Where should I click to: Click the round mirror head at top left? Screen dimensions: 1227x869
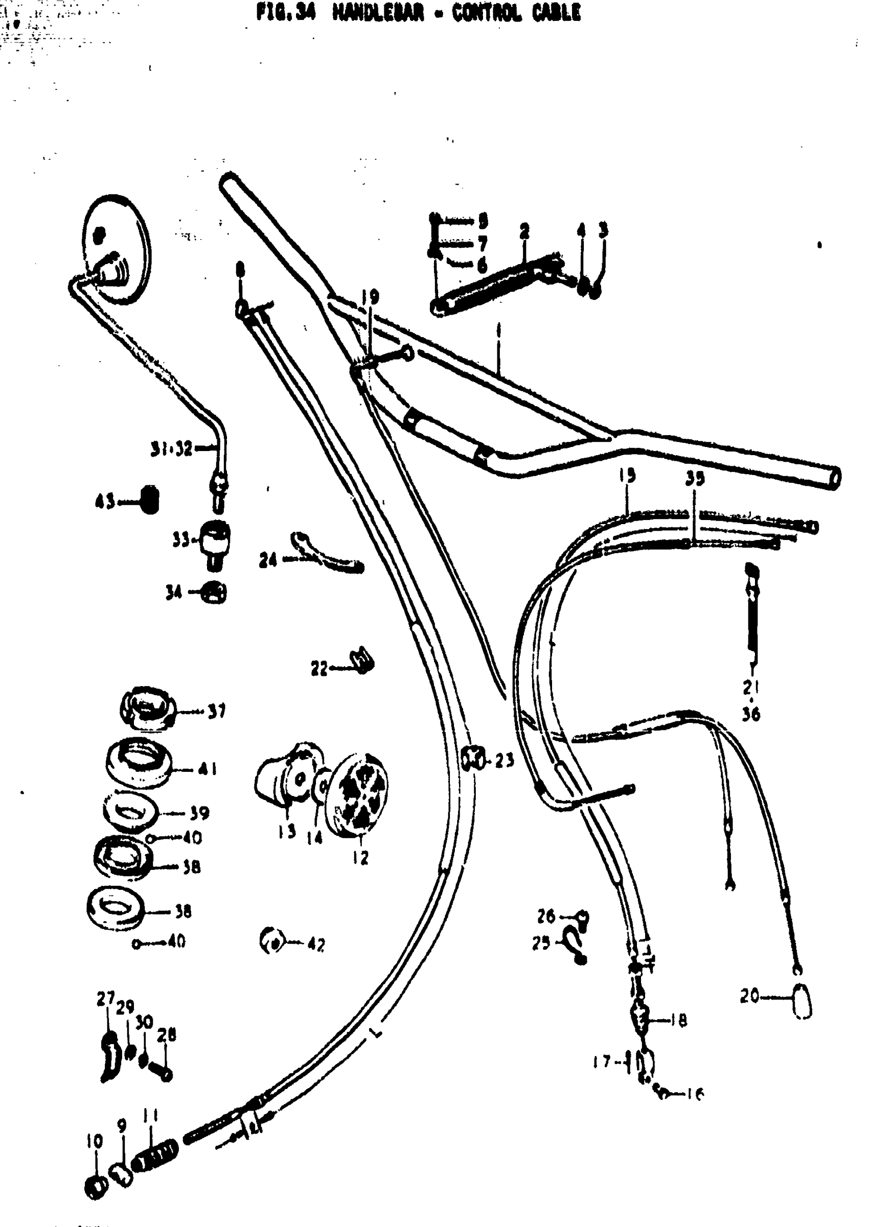click(x=117, y=250)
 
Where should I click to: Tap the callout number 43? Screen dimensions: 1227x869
click(x=104, y=502)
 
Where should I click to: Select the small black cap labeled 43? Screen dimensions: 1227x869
click(x=149, y=500)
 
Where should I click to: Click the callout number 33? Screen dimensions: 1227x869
click(x=181, y=540)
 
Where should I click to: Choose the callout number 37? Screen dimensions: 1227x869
click(x=216, y=711)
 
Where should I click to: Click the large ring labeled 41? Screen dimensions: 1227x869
click(x=139, y=762)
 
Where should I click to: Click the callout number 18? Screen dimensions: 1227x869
click(x=678, y=1020)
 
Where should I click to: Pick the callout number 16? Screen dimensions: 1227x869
click(x=695, y=1094)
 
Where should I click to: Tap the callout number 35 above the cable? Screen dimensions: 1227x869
click(x=695, y=479)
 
